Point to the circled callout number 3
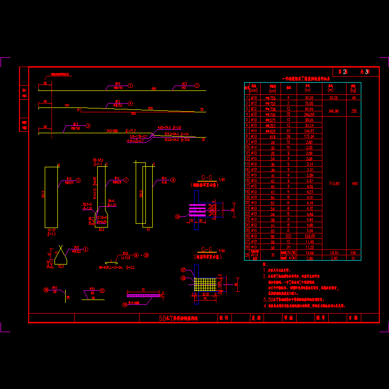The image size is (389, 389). point(88,125)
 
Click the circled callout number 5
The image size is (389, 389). point(79,180)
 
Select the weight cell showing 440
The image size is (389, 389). point(354,183)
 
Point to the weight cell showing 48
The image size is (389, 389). point(354,97)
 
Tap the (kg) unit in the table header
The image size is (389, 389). point(354,90)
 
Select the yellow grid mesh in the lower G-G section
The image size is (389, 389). point(204,284)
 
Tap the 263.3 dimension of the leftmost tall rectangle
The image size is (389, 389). point(43,194)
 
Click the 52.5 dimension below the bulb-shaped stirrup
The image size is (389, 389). point(101,230)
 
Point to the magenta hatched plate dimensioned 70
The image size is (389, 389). point(143,295)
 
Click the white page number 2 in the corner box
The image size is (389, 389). point(345,72)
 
